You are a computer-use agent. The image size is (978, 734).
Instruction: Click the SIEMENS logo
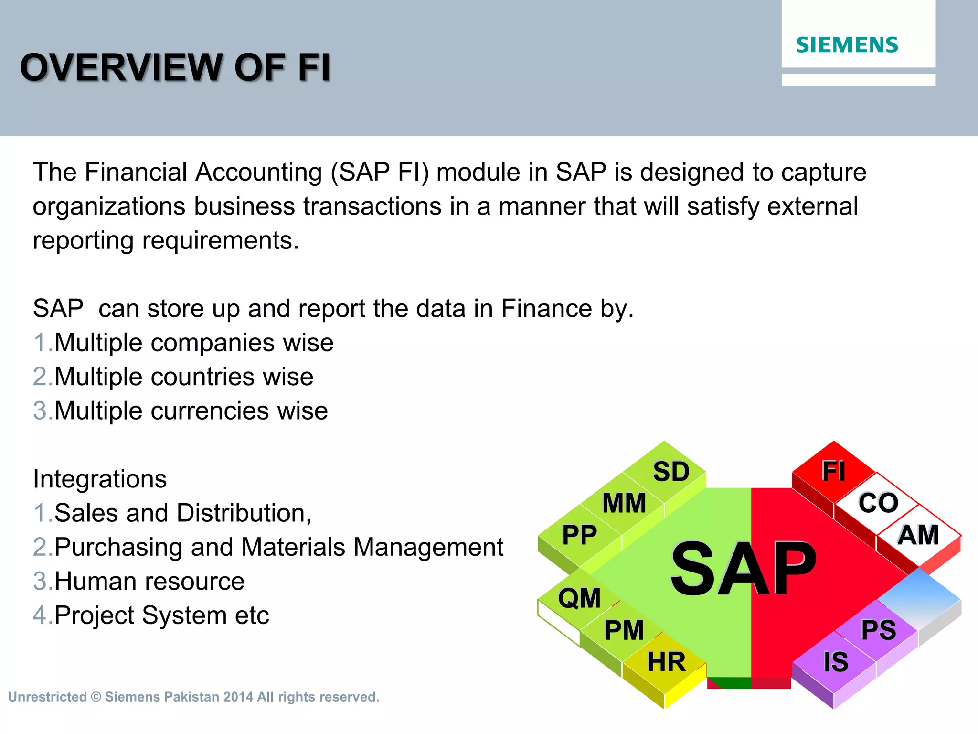(x=847, y=45)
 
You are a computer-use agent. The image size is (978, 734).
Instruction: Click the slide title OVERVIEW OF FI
(x=175, y=67)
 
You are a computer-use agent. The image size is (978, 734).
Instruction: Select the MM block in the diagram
(x=624, y=503)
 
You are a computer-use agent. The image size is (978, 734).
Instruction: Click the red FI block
(x=833, y=471)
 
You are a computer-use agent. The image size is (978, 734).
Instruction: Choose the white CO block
(x=878, y=503)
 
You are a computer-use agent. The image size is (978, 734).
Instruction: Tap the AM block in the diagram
(x=918, y=535)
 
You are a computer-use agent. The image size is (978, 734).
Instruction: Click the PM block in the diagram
(x=624, y=630)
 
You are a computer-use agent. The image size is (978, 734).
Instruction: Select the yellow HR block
(x=666, y=662)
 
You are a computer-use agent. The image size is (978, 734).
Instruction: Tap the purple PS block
(x=878, y=630)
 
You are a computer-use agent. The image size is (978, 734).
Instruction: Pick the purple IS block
(x=836, y=662)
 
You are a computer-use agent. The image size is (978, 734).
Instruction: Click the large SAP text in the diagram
(x=743, y=570)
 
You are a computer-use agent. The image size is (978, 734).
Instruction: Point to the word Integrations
(x=100, y=479)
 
